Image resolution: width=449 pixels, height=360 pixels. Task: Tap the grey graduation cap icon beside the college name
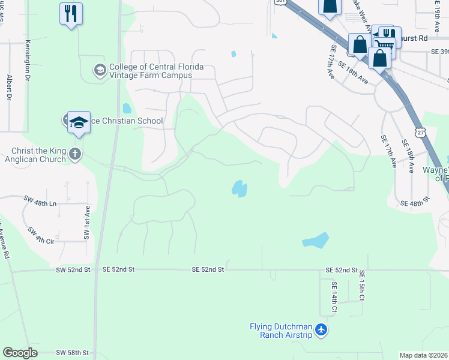click(x=99, y=71)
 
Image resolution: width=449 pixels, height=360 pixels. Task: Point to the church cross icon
click(x=74, y=154)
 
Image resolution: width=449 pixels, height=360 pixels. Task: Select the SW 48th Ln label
click(x=40, y=204)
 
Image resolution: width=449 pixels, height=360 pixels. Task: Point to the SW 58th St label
click(x=73, y=352)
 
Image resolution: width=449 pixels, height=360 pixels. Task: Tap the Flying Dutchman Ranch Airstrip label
click(x=281, y=331)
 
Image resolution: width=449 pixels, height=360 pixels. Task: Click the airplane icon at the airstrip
click(x=322, y=330)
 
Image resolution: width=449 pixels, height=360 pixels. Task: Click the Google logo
click(x=20, y=353)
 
